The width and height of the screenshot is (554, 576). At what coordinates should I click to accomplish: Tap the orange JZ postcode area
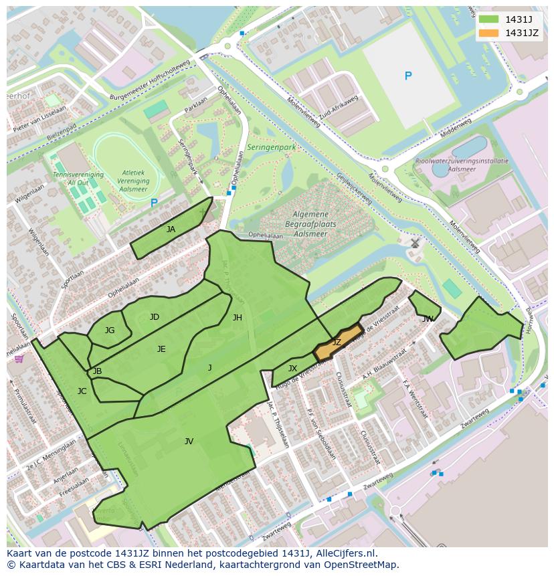[339, 343]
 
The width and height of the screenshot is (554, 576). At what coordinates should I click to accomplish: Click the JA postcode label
[171, 229]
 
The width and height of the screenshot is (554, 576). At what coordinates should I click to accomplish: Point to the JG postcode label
[110, 330]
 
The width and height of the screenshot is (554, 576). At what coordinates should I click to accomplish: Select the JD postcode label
[155, 317]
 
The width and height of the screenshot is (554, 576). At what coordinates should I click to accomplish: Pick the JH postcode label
[237, 318]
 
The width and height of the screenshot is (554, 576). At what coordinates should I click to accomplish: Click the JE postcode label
[161, 349]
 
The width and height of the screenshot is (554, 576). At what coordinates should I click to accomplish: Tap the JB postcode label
[97, 371]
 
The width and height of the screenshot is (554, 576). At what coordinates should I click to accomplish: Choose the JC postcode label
[82, 391]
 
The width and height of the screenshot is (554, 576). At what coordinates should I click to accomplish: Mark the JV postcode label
[189, 442]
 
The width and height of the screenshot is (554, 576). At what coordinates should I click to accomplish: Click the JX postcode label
[292, 369]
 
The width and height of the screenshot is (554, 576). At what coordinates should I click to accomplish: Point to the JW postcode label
[428, 319]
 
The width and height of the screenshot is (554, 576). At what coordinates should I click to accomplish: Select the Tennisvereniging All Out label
[78, 179]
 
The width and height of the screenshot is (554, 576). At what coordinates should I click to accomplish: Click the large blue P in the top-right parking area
[408, 76]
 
